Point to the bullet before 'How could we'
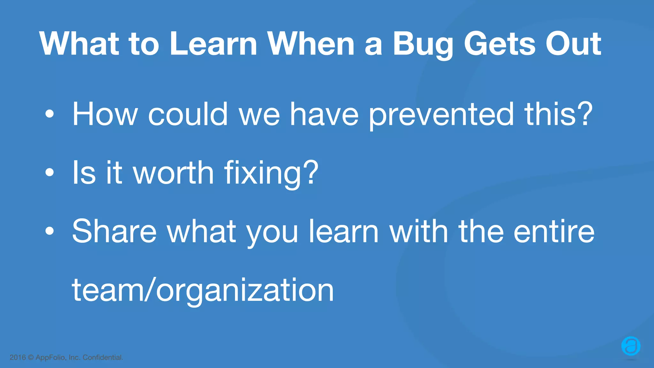pos(49,114)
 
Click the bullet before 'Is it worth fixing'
pos(49,172)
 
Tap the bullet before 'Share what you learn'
pos(49,231)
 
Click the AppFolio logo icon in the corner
pos(631,346)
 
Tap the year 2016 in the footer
pos(18,357)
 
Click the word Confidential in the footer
pos(103,357)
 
